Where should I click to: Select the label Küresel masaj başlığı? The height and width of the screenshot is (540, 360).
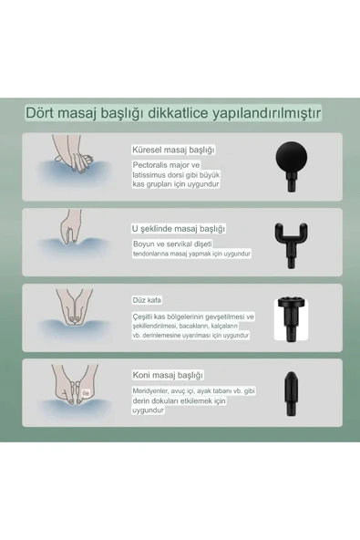[173, 149]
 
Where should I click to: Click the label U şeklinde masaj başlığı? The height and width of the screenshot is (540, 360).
[178, 228]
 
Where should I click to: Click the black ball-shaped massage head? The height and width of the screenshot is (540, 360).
[291, 164]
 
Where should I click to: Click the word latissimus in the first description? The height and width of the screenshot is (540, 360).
[149, 174]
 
